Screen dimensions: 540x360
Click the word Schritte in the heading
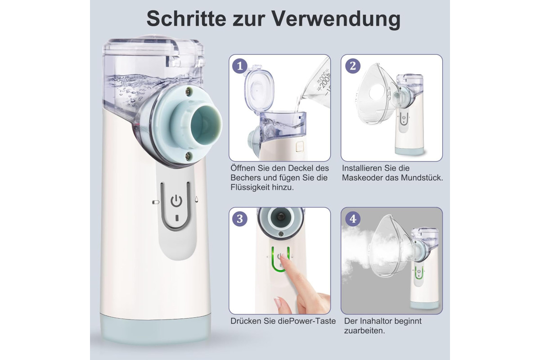(x=186, y=18)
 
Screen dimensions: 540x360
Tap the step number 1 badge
(x=239, y=66)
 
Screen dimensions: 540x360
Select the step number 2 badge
(x=353, y=66)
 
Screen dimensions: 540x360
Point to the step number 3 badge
(x=239, y=219)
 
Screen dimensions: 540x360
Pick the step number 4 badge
(x=353, y=219)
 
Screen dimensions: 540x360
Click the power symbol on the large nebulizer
(x=176, y=201)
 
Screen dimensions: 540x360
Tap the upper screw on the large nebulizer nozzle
(x=187, y=91)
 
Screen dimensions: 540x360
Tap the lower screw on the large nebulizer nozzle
(x=188, y=156)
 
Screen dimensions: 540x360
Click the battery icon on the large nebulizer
(x=156, y=202)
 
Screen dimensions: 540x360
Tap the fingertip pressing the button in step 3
(x=284, y=259)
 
